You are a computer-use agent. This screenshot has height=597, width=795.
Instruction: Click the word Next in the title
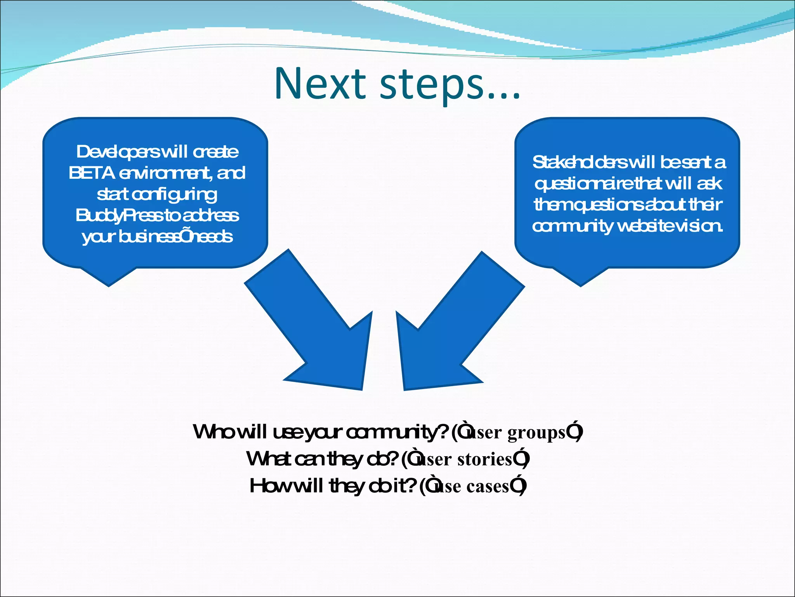coord(320,84)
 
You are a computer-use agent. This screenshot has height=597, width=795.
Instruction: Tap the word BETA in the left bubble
coord(92,173)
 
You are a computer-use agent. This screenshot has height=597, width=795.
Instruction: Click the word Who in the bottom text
coord(214,432)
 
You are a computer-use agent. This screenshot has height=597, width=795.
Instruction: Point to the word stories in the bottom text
coord(485,459)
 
